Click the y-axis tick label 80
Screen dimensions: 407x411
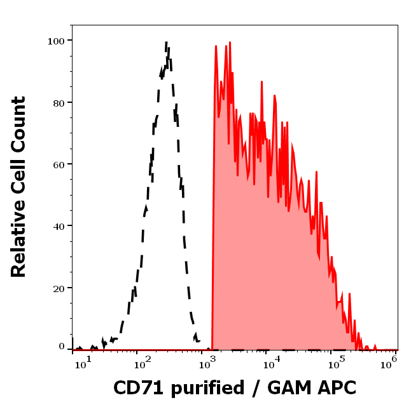[57, 102]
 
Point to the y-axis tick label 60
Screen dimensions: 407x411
[57, 164]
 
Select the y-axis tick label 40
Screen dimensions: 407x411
[57, 226]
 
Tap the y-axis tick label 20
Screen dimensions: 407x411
[57, 288]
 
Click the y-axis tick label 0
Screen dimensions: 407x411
[62, 347]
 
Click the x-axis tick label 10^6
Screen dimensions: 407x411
[390, 361]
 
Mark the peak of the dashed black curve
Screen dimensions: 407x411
[166, 43]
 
